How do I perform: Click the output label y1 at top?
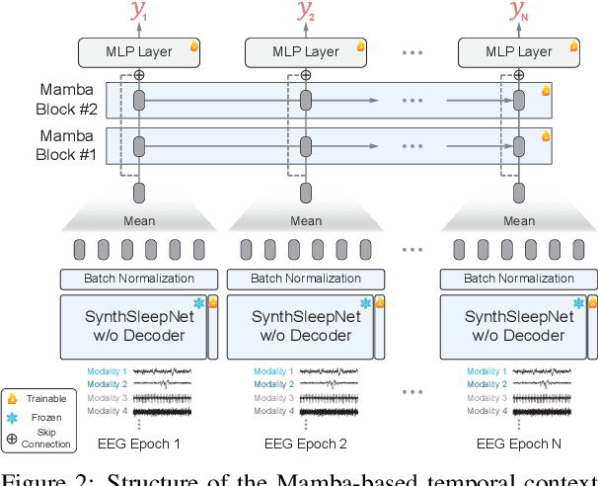(x=138, y=14)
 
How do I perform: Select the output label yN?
(x=519, y=14)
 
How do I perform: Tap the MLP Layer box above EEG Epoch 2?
(x=306, y=51)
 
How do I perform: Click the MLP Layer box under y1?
(x=139, y=51)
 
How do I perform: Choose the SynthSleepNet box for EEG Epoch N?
(x=519, y=326)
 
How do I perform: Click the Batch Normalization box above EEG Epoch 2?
(x=306, y=279)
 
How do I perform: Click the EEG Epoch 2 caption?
(x=306, y=444)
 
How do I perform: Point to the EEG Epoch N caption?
(x=519, y=444)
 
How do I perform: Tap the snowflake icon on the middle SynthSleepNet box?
(x=365, y=303)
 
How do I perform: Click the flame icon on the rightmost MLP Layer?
(x=575, y=45)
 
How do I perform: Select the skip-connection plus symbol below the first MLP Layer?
(x=139, y=75)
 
